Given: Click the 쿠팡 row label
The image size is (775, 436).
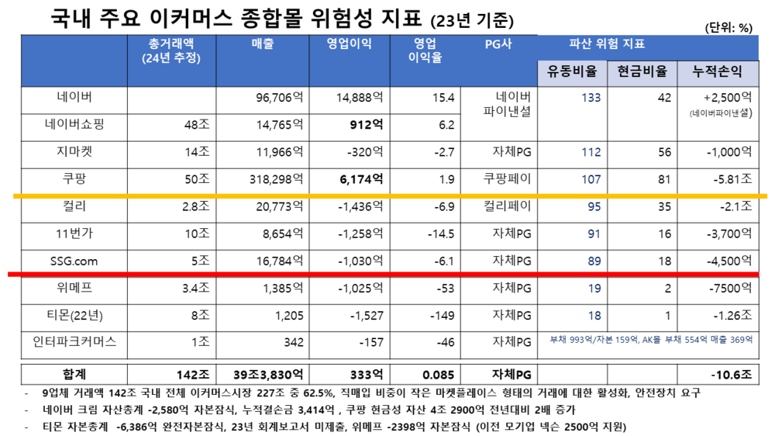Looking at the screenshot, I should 75,178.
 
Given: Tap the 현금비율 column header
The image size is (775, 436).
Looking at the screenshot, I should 642,72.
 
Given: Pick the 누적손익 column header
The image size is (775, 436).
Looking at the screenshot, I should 715,72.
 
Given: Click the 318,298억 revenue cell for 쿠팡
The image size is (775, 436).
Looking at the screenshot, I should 270,178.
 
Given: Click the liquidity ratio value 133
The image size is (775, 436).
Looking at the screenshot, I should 591,98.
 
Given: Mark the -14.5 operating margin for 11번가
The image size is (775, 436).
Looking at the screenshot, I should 439,234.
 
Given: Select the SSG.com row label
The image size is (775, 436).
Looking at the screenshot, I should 75,261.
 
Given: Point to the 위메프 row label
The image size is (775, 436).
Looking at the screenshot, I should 75,289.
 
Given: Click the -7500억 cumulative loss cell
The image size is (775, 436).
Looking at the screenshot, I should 730,289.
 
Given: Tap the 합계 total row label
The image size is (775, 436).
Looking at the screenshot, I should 75,373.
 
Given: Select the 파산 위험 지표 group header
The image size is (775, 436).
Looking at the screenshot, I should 607,44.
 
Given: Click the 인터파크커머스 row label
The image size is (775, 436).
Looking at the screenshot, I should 75,342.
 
